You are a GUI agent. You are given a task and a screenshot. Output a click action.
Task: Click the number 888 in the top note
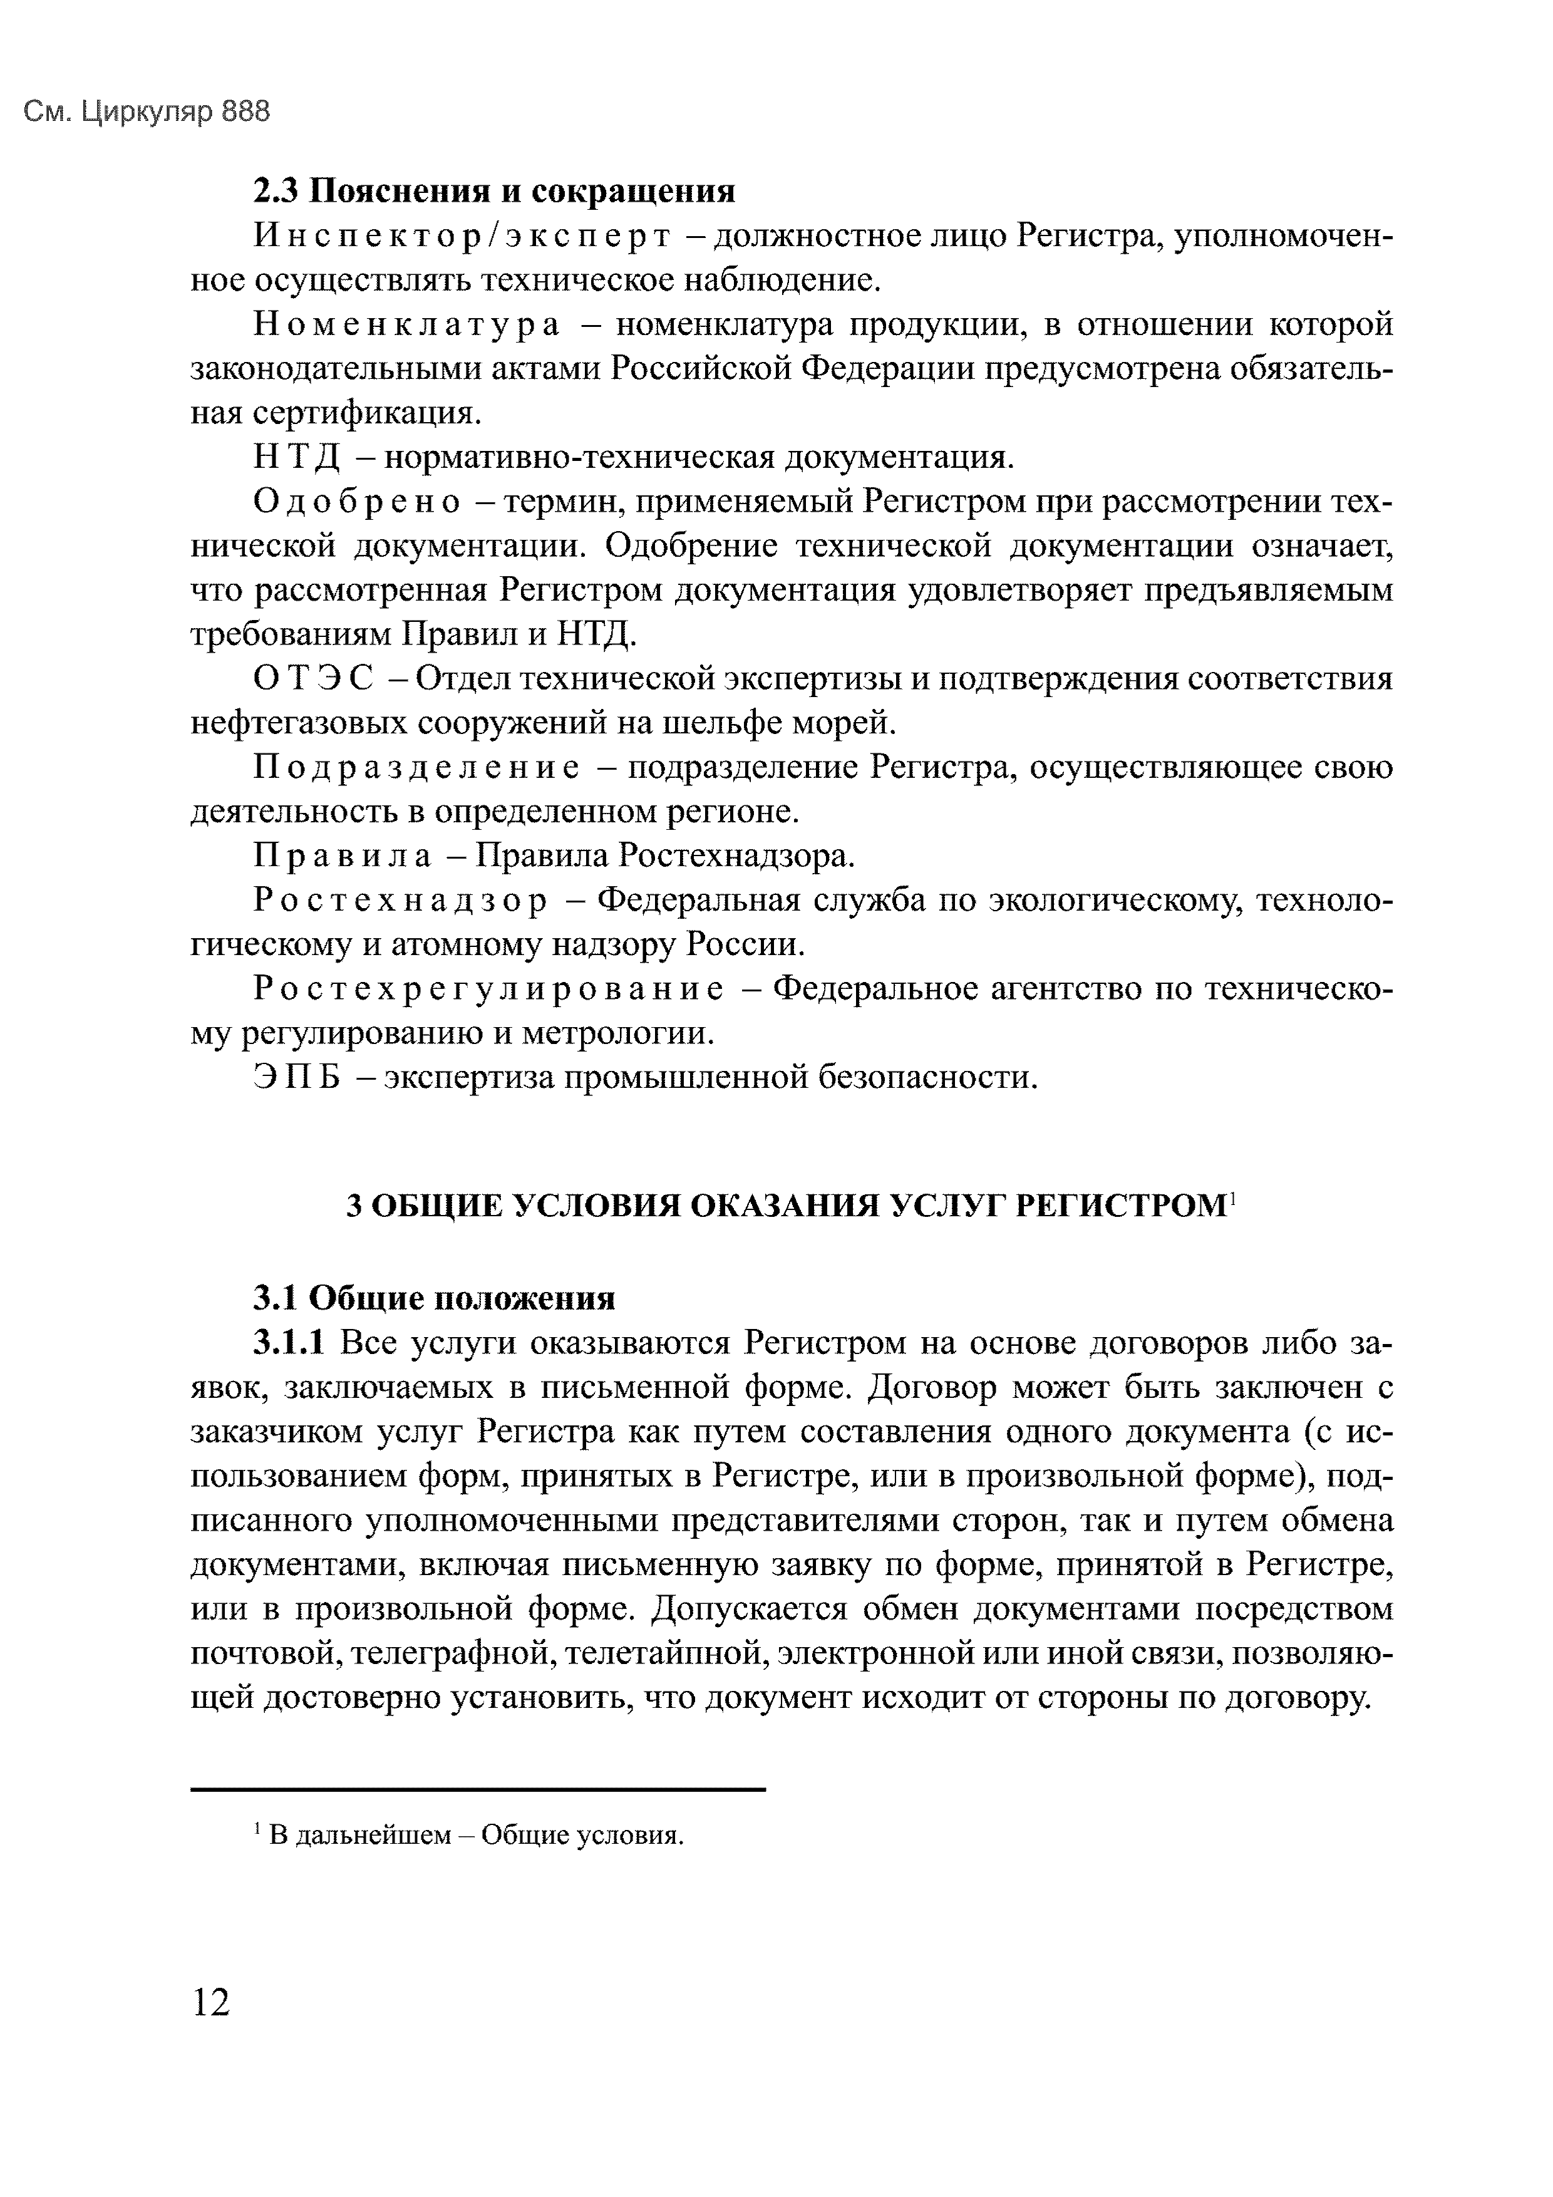pos(246,113)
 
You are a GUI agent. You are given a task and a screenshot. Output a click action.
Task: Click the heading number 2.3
pos(277,192)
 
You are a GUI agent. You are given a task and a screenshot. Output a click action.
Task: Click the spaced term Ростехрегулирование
pos(488,988)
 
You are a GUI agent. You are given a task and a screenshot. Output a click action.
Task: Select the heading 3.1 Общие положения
pos(433,1298)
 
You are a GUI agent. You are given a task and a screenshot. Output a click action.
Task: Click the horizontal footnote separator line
pos(478,1789)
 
